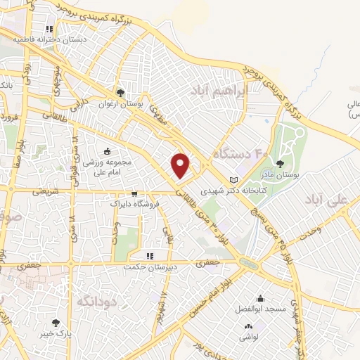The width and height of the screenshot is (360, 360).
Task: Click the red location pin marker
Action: (181, 165)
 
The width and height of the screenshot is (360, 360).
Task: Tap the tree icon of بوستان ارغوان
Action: (121, 92)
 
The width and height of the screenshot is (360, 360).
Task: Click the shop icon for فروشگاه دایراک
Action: (134, 193)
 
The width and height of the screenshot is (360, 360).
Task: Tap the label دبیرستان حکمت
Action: (148, 266)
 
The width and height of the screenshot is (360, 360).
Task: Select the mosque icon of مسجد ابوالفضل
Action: (261, 299)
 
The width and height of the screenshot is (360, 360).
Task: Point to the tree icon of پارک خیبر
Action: (56, 323)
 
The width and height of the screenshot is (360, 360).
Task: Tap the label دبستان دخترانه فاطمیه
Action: (49, 40)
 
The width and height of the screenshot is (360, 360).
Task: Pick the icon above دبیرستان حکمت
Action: (148, 256)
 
